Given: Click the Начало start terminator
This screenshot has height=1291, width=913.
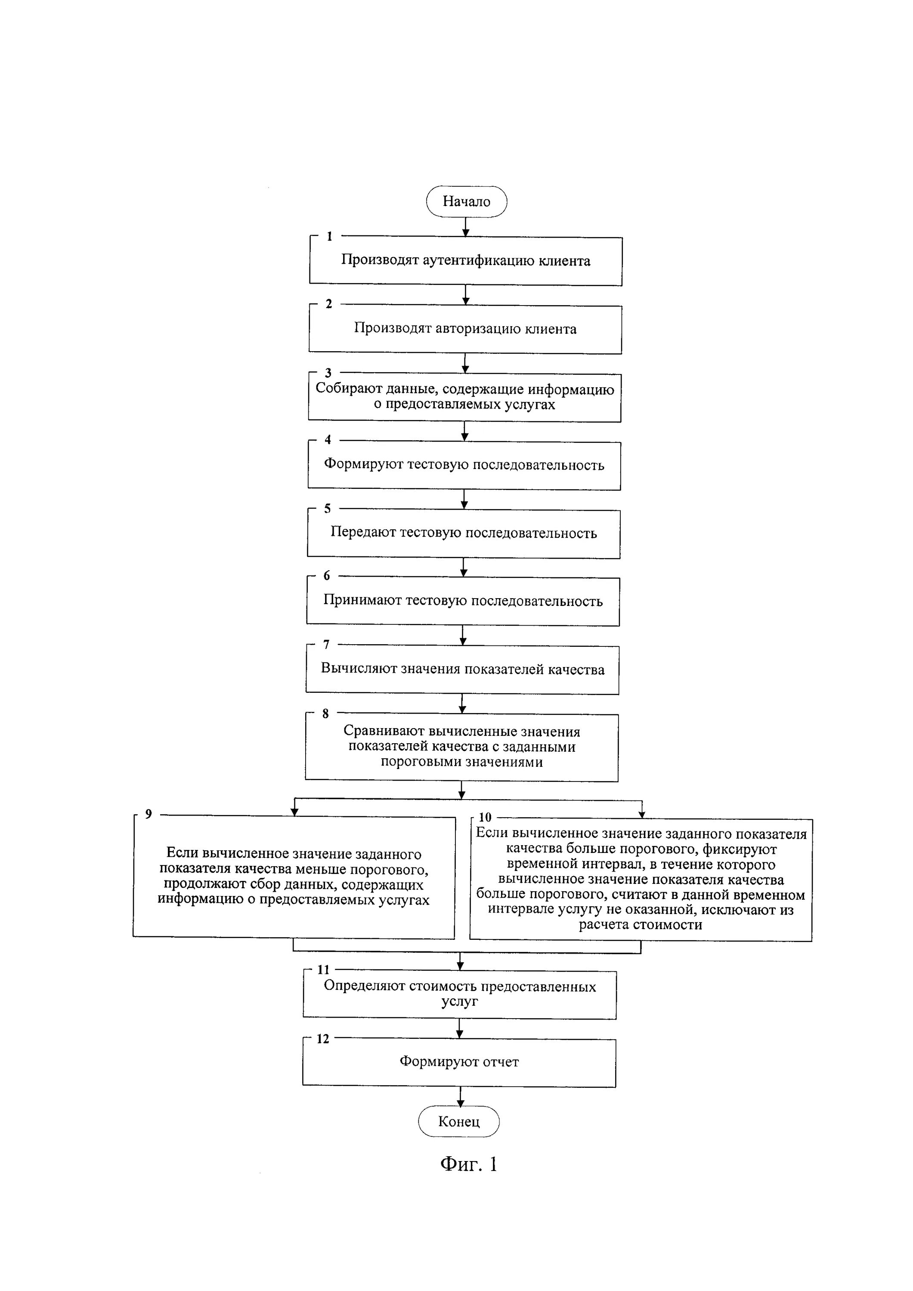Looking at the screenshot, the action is (466, 201).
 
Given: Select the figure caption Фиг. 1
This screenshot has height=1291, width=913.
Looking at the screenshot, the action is (469, 1164).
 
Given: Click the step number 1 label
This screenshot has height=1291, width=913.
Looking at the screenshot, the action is (330, 236).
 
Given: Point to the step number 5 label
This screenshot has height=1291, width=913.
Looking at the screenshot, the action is (328, 508).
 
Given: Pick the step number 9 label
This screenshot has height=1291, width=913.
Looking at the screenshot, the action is (149, 814).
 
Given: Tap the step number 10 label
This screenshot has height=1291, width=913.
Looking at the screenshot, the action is (485, 817).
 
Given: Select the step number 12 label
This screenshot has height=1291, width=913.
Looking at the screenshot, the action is (323, 1039).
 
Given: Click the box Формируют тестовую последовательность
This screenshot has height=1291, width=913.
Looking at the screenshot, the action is (464, 465).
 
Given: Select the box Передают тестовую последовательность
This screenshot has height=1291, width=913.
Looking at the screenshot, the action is (464, 534).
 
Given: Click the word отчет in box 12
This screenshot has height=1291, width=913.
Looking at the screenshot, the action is (501, 1062).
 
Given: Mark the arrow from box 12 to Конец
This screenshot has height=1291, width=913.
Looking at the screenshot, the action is (460, 1096).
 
